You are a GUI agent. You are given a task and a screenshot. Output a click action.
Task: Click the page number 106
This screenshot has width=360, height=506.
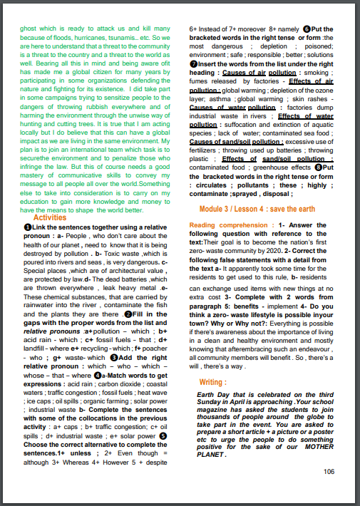(329, 471)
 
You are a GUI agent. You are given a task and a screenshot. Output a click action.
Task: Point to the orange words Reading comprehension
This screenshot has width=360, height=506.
(225, 224)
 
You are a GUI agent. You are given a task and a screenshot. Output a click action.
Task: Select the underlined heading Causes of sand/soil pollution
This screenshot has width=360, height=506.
(234, 141)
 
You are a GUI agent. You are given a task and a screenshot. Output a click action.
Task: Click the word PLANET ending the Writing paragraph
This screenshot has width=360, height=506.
(214, 455)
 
